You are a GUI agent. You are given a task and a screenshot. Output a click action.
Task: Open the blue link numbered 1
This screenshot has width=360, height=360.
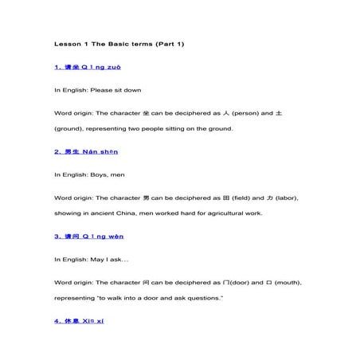[88, 67]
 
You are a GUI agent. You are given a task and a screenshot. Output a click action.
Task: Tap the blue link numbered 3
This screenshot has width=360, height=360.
[88, 236]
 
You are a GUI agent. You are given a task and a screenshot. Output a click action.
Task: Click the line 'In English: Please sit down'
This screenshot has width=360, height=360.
[97, 90]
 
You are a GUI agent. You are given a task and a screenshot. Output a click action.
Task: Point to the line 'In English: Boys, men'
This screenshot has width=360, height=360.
[89, 174]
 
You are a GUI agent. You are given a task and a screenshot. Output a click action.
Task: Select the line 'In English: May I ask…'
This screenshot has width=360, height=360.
[91, 259]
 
